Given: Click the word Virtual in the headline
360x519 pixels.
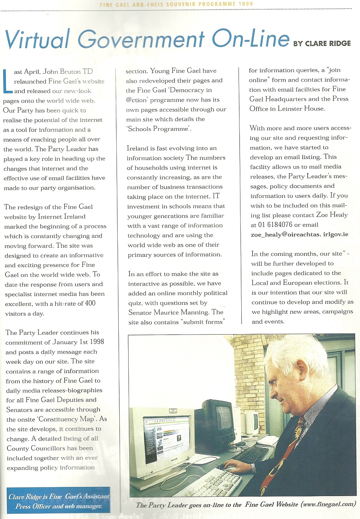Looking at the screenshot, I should (x=37, y=39).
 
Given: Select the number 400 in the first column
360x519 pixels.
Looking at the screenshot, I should (x=90, y=303).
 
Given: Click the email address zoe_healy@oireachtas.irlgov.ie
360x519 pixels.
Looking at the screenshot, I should (x=299, y=234).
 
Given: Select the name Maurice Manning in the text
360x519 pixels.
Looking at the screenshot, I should (x=181, y=312).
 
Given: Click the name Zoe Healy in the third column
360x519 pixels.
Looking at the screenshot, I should (x=332, y=215).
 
